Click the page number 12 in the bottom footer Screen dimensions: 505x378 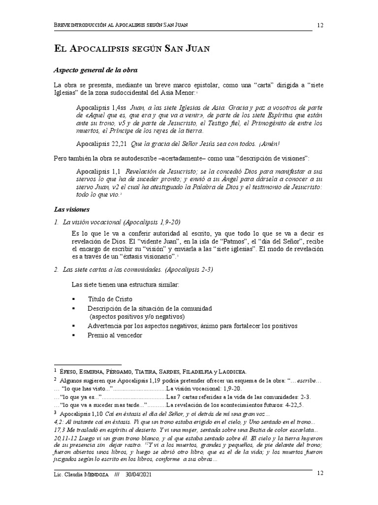pos(319,473)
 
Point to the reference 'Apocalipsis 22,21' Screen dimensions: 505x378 pos(102,144)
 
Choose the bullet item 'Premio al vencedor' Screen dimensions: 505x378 pos(115,335)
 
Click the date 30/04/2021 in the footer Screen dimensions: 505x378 pos(136,475)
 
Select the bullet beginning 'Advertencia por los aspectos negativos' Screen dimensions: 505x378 pos(192,326)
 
